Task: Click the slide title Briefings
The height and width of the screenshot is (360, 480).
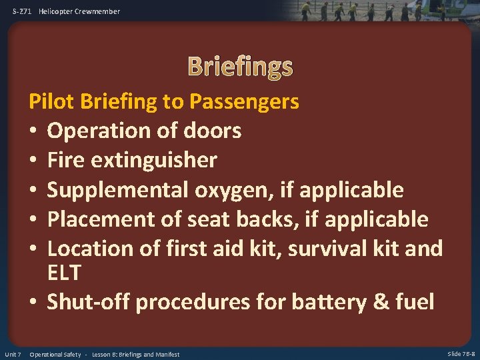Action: click(x=240, y=66)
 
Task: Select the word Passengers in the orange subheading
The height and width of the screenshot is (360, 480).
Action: click(x=244, y=102)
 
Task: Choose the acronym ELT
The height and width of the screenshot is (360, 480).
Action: click(x=64, y=273)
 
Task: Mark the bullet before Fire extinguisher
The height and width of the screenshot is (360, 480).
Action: click(x=33, y=161)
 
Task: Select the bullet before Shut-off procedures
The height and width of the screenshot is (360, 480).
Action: click(x=33, y=302)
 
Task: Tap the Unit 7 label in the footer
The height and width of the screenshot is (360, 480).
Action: click(x=13, y=354)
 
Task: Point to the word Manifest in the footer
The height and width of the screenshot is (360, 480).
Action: click(x=166, y=354)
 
